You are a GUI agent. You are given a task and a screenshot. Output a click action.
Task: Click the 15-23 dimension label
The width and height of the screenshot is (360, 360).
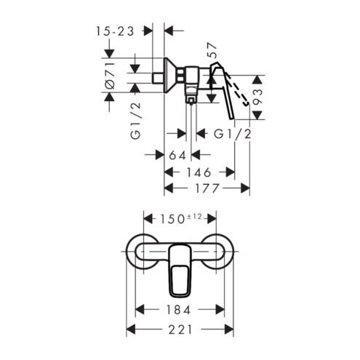(115, 31)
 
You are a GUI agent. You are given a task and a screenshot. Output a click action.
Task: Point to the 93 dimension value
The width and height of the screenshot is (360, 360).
(257, 97)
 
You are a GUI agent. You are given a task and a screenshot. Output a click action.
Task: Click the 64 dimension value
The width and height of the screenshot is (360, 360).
(177, 155)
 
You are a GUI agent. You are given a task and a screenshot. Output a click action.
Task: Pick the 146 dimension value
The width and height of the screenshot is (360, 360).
(199, 172)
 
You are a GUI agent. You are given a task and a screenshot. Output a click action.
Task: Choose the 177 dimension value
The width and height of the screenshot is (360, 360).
(207, 188)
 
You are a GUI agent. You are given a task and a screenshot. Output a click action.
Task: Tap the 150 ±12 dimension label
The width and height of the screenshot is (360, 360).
(180, 219)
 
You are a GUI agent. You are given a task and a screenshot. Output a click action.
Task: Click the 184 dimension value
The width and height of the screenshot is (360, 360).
(178, 310)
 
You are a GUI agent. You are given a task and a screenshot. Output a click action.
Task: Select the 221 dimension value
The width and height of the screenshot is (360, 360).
(180, 329)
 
